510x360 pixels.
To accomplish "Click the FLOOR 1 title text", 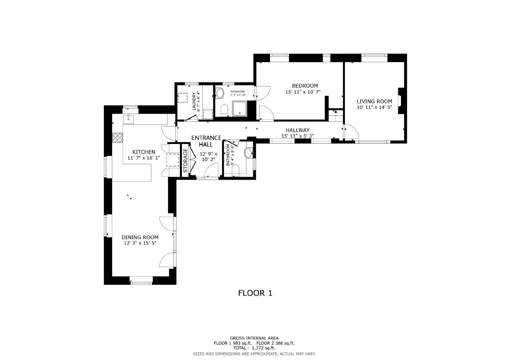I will (255, 293).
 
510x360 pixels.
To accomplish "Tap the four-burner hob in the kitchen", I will (117, 137).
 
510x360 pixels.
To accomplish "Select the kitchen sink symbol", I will (129, 119).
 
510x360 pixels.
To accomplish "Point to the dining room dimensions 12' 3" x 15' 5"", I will (140, 243).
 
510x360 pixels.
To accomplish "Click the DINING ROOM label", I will (140, 237).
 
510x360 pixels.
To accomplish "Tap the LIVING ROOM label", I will (374, 102).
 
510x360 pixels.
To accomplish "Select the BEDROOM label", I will (304, 86).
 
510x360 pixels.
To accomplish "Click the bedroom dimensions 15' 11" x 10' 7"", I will (303, 92).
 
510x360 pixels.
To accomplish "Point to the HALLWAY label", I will (298, 130).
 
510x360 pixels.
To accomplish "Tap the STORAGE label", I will (186, 160).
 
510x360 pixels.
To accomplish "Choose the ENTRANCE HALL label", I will (206, 141).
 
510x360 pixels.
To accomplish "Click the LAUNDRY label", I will (194, 101).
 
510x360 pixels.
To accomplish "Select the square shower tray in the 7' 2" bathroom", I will (239, 109).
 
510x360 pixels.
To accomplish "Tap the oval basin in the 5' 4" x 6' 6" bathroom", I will (248, 153).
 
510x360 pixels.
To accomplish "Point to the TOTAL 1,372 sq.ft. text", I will (254, 347).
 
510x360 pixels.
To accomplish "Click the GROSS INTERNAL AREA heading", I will (254, 338).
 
